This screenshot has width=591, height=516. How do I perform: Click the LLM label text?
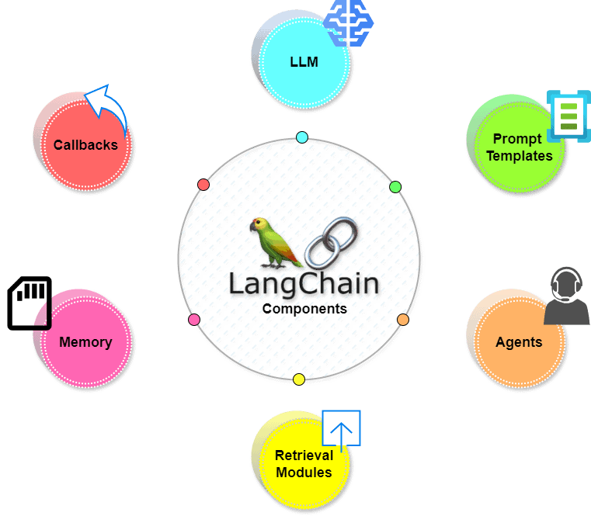tap(304, 61)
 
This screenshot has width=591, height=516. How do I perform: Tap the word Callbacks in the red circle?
tap(85, 144)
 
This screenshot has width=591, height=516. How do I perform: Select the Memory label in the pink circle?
tap(85, 342)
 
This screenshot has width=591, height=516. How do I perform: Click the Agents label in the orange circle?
tap(519, 342)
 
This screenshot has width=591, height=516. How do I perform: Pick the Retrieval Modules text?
tap(304, 463)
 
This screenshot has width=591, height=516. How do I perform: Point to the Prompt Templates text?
tap(519, 147)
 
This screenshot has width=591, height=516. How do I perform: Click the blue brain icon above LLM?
tap(348, 22)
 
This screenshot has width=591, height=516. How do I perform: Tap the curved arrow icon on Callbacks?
tap(106, 109)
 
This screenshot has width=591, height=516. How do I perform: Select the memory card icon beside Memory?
tap(30, 303)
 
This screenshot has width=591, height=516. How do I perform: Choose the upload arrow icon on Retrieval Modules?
tap(342, 428)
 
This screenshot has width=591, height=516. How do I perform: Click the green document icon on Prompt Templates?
tap(568, 116)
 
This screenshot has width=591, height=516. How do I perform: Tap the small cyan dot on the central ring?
tap(302, 137)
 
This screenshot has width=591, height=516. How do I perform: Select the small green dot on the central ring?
tap(395, 186)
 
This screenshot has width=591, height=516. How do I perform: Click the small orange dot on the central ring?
tap(402, 320)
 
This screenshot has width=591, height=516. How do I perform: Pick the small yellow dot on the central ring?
tap(299, 379)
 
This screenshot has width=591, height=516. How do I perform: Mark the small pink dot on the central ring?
tap(194, 320)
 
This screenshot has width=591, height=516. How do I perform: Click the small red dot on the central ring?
tap(203, 185)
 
